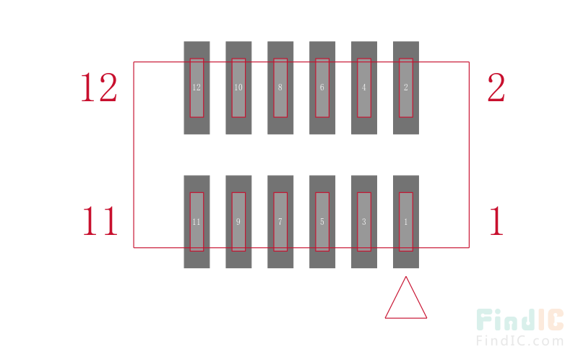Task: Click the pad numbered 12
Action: [197, 87]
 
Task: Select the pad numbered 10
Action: [238, 87]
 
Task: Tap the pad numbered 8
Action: [280, 87]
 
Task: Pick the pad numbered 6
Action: [322, 87]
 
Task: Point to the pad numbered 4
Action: [364, 87]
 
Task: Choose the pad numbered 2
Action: [406, 87]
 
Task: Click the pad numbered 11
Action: [197, 222]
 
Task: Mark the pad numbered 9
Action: [238, 222]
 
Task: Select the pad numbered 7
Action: [280, 222]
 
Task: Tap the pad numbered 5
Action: [322, 222]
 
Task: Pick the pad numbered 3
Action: [364, 222]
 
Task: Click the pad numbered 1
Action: [406, 222]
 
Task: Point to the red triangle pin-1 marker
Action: [406, 317]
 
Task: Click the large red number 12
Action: [99, 87]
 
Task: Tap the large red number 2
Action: [496, 87]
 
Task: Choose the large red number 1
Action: [496, 220]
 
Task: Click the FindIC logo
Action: [520, 320]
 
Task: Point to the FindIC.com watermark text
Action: [519, 340]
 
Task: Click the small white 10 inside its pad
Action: [238, 87]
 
